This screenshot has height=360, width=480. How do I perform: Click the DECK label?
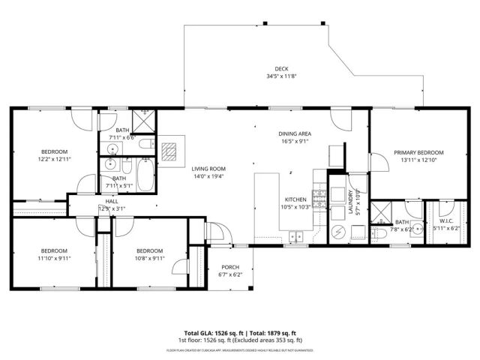pyautogui.click(x=282, y=68)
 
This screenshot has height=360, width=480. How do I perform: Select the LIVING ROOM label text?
pyautogui.click(x=208, y=169)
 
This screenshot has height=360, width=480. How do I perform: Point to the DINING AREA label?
pyautogui.click(x=295, y=132)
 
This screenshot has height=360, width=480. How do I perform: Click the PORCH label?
pyautogui.click(x=230, y=267)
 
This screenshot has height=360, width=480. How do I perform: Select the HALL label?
pyautogui.click(x=112, y=201)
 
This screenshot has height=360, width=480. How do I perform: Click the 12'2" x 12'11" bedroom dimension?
pyautogui.click(x=55, y=160)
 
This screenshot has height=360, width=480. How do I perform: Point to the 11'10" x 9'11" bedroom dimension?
pyautogui.click(x=54, y=258)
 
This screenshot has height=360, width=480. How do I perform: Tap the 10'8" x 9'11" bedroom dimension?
pyautogui.click(x=149, y=258)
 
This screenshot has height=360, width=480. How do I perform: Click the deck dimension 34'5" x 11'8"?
pyautogui.click(x=282, y=76)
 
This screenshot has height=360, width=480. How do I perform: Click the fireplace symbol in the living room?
pyautogui.click(x=172, y=150)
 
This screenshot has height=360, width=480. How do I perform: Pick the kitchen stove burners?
pyautogui.click(x=319, y=197)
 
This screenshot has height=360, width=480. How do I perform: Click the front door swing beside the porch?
pyautogui.click(x=214, y=232)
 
